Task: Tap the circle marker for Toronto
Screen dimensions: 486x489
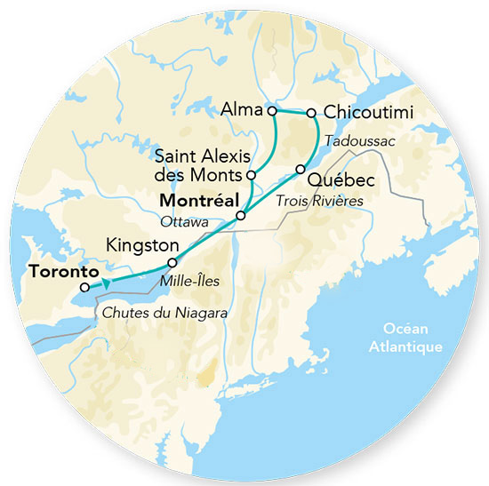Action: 84,287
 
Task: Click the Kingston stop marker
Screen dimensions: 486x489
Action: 172,263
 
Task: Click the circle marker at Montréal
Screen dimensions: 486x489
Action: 240,216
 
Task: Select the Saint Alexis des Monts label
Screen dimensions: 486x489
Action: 198,163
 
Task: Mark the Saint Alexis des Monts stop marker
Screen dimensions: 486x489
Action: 252,175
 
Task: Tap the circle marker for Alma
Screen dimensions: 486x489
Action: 272,111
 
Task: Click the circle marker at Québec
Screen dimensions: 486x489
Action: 301,169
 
